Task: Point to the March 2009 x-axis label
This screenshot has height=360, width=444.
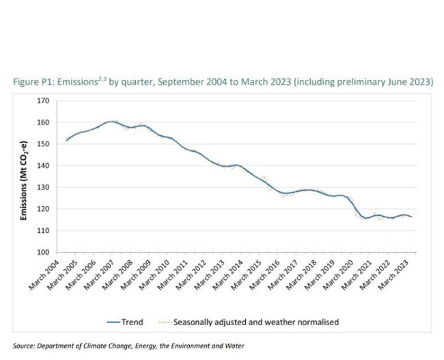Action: click(x=142, y=273)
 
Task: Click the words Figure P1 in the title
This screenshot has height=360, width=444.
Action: click(x=32, y=82)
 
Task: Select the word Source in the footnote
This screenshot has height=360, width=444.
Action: click(x=25, y=346)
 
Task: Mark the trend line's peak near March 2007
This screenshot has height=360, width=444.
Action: click(x=111, y=121)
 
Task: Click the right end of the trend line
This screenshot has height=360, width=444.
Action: click(x=412, y=217)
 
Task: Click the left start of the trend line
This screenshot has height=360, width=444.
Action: click(x=66, y=140)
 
